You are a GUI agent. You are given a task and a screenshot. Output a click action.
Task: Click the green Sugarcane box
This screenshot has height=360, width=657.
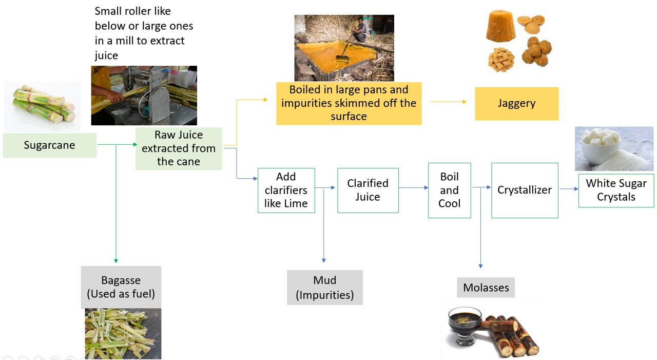49,145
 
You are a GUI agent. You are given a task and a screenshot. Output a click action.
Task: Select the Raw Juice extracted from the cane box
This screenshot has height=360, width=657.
179,148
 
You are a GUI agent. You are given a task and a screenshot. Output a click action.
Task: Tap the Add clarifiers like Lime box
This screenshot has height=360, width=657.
286,190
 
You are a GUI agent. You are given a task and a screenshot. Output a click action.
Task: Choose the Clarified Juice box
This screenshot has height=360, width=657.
368,190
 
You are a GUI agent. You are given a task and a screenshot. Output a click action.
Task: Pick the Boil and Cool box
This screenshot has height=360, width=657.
449,190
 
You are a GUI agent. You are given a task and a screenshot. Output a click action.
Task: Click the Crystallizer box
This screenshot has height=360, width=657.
524,190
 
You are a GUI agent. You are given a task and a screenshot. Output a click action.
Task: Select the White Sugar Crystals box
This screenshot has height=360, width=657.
616,190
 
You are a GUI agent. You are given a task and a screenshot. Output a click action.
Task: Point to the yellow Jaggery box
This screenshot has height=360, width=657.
516,103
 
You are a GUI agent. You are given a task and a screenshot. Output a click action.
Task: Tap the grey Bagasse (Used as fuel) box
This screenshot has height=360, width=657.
121,287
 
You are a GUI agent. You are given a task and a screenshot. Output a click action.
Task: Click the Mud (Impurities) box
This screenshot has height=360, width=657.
325,287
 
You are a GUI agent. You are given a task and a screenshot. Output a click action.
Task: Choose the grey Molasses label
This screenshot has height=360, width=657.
486,288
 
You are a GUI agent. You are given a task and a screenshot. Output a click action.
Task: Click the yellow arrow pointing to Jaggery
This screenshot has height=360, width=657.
449,102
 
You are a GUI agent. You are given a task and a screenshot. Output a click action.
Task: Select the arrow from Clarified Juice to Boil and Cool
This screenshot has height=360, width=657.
413,188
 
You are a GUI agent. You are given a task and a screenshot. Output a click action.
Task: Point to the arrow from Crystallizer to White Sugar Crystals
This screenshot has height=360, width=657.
569,189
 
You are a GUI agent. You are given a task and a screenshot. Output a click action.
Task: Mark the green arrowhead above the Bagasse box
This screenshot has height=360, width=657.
116,261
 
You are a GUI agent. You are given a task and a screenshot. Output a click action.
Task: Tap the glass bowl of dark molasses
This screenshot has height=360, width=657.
465,325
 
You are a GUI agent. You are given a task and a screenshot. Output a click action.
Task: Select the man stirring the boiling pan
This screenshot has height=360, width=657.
361,30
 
